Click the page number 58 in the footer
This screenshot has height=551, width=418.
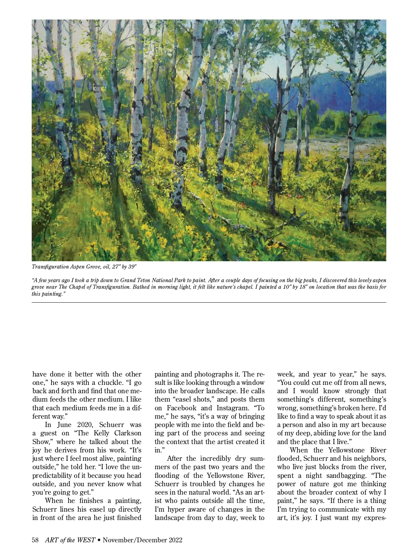pos(35,540)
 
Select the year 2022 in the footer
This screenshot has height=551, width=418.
pos(176,540)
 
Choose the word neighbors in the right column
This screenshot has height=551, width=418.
pos(370,459)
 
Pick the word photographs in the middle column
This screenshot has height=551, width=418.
pos(212,374)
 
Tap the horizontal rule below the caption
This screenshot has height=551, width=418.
pos(209,303)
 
